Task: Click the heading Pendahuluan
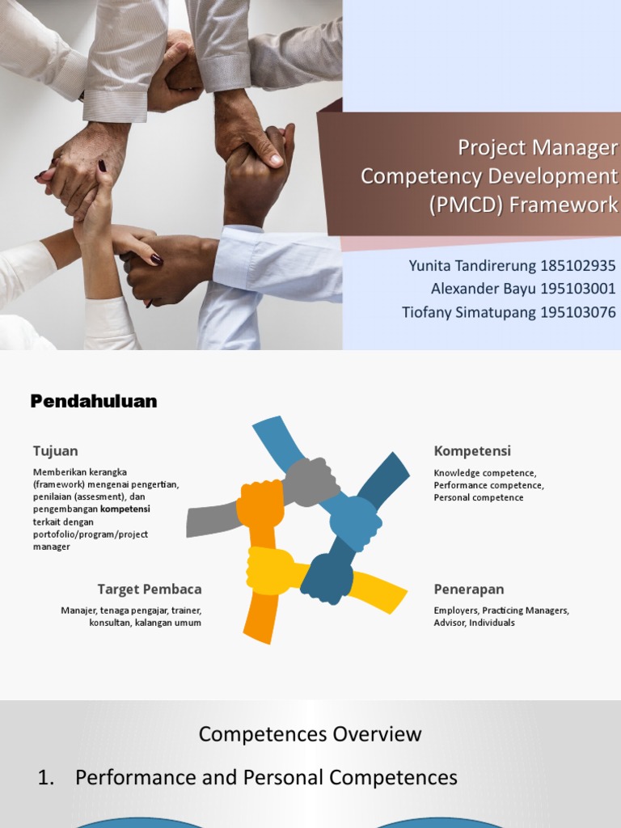click(x=94, y=401)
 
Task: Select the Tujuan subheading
click(x=55, y=450)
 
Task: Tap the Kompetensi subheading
click(x=472, y=450)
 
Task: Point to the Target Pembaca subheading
click(x=150, y=589)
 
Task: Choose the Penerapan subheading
click(x=469, y=589)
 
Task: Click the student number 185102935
click(x=576, y=266)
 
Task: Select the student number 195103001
click(x=576, y=289)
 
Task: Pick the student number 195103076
click(x=576, y=312)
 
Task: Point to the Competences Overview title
click(x=310, y=734)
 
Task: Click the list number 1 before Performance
click(x=45, y=778)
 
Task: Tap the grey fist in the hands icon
click(x=310, y=482)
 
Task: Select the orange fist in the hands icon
click(x=260, y=503)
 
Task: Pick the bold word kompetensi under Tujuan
click(x=125, y=509)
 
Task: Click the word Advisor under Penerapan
click(x=449, y=623)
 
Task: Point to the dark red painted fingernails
click(x=155, y=260)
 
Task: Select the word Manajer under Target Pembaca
click(x=78, y=610)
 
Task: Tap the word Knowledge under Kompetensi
click(x=457, y=473)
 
